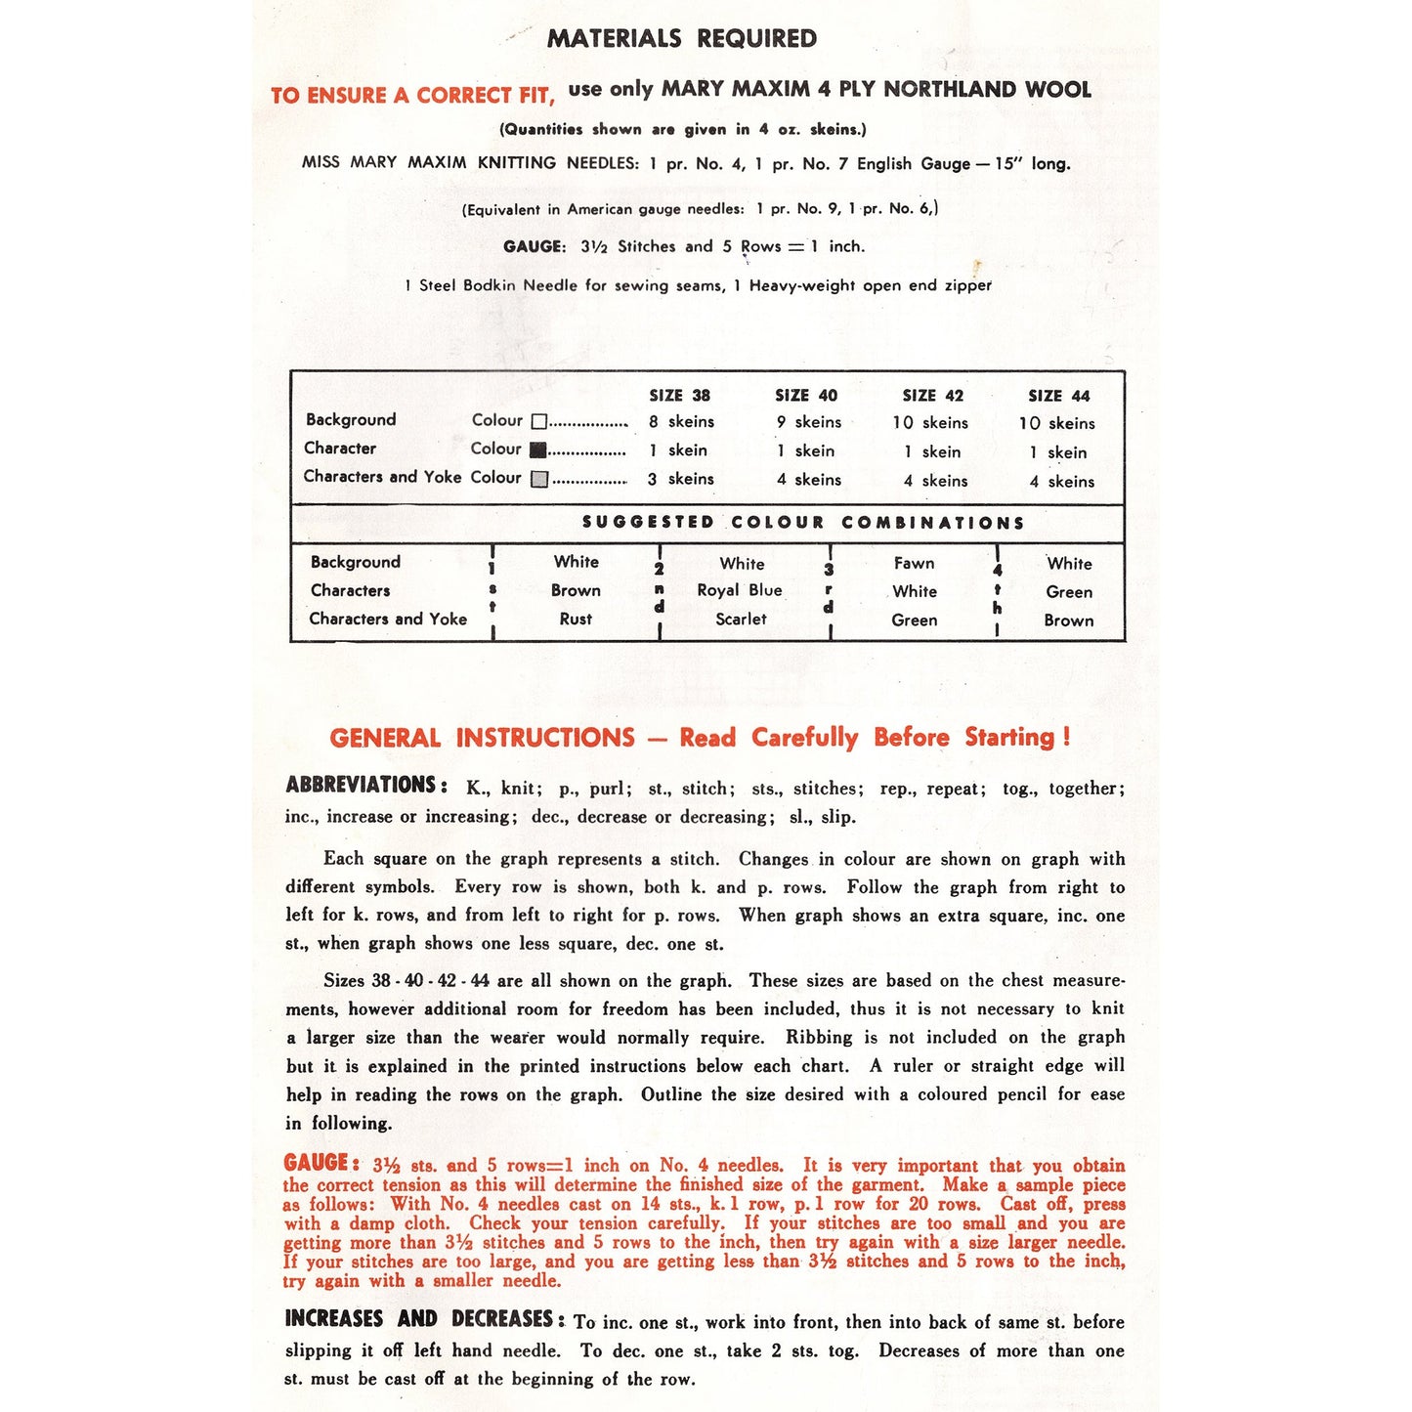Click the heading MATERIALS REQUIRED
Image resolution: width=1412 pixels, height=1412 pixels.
click(681, 39)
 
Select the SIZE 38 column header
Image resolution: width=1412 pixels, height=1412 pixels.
click(679, 396)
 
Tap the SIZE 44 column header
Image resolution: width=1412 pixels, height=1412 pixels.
click(1058, 396)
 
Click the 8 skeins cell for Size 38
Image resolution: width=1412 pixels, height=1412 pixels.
click(681, 422)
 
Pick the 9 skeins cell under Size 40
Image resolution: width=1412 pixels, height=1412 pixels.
click(808, 422)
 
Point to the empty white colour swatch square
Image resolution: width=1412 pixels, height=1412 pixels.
click(538, 422)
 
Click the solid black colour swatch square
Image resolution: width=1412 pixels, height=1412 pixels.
click(537, 450)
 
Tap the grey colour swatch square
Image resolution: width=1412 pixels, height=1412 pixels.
click(538, 479)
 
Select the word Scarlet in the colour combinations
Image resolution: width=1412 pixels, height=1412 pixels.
click(741, 620)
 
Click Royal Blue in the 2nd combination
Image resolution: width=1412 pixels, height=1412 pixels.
click(739, 590)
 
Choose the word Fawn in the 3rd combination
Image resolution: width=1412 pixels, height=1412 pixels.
click(914, 563)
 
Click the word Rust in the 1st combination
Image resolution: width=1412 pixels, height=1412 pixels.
click(576, 620)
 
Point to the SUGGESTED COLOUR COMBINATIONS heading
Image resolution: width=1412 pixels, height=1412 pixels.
click(802, 523)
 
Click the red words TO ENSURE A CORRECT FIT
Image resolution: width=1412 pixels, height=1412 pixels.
click(412, 96)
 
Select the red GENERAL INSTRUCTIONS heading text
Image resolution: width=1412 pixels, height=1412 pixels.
click(482, 738)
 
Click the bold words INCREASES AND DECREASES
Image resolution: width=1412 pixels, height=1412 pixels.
click(423, 1319)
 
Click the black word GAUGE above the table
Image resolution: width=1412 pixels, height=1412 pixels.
click(534, 247)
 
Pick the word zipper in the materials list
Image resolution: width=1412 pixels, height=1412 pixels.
click(967, 285)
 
